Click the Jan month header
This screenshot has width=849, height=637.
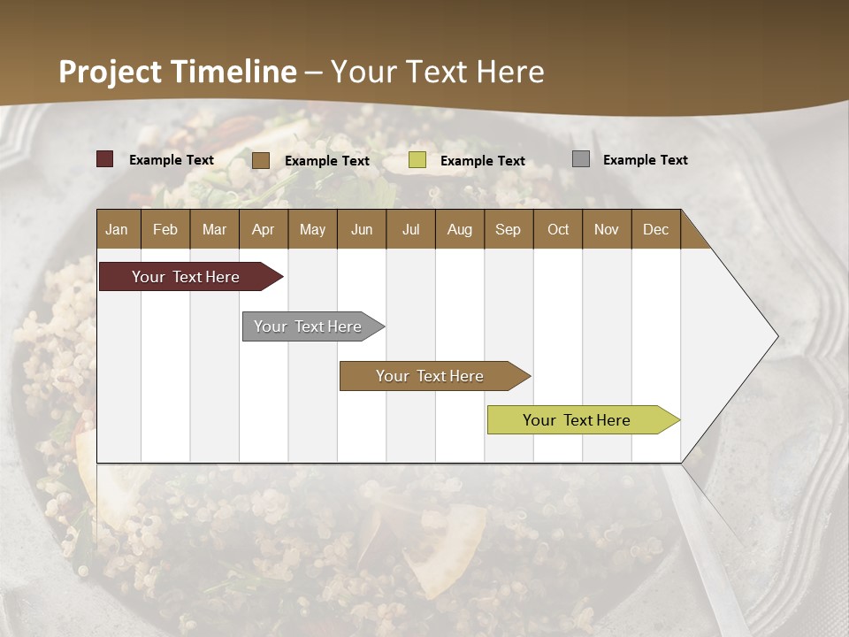[117, 230]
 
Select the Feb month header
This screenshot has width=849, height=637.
[165, 230]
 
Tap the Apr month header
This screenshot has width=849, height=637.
[264, 230]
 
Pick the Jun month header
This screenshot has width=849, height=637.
[362, 230]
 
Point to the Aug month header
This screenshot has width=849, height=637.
[460, 230]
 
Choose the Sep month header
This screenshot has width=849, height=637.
[509, 230]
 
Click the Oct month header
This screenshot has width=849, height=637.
[558, 230]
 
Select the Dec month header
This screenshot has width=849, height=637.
[656, 230]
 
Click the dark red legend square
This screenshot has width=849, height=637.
[105, 159]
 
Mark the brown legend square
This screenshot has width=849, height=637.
[261, 160]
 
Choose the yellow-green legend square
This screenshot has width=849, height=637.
[417, 160]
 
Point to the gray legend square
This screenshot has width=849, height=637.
[581, 159]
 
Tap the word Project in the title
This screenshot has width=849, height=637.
[110, 72]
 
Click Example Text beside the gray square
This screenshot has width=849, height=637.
[646, 160]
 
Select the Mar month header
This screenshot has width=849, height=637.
[215, 230]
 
